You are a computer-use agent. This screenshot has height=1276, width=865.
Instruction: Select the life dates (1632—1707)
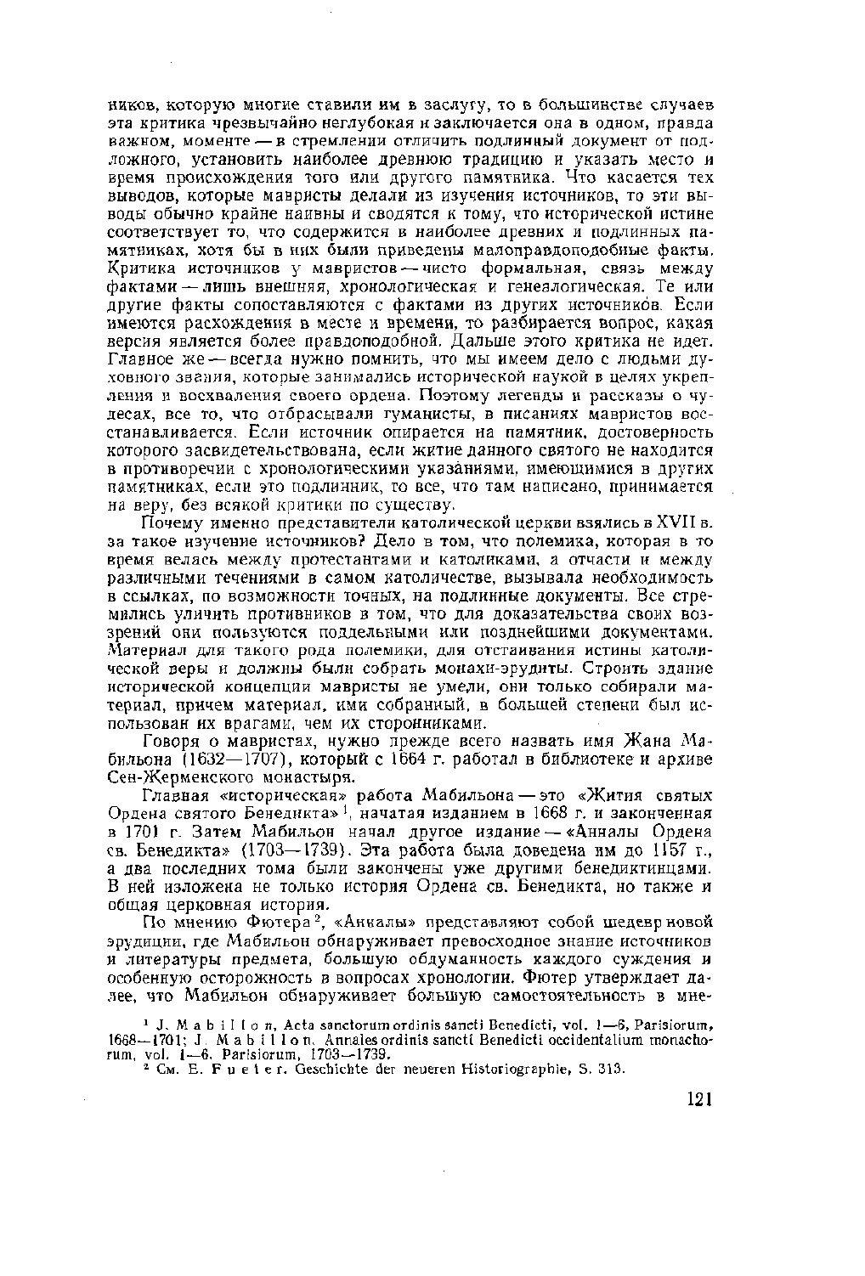tap(209, 759)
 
